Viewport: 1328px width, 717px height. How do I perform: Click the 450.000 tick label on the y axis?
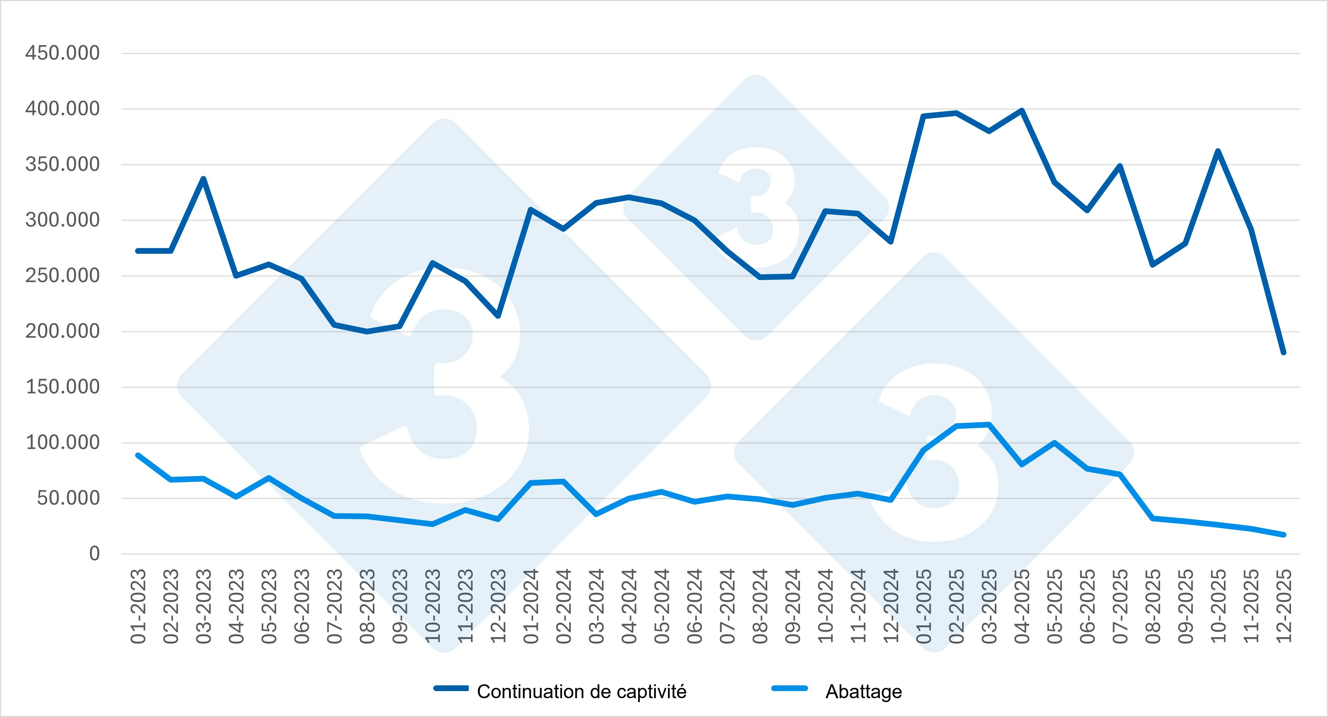tap(63, 53)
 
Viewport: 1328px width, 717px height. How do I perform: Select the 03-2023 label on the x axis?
tap(204, 606)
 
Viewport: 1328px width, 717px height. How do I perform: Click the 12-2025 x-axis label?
tap(1284, 606)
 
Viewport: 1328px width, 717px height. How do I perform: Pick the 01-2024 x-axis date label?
tap(531, 606)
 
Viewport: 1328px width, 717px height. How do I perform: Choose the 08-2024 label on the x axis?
tap(760, 606)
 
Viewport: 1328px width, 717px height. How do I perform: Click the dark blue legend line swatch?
tap(451, 689)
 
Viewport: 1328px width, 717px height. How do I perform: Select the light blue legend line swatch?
tap(789, 689)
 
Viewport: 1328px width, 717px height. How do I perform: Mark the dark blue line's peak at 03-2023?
tap(204, 179)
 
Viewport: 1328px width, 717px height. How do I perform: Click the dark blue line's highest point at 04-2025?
tap(1022, 110)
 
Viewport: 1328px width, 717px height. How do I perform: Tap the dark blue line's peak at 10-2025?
tap(1218, 151)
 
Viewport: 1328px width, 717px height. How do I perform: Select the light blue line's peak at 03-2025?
tap(989, 425)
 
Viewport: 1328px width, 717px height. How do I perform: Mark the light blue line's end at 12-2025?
tap(1284, 534)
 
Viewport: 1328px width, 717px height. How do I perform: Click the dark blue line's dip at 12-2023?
tap(498, 316)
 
